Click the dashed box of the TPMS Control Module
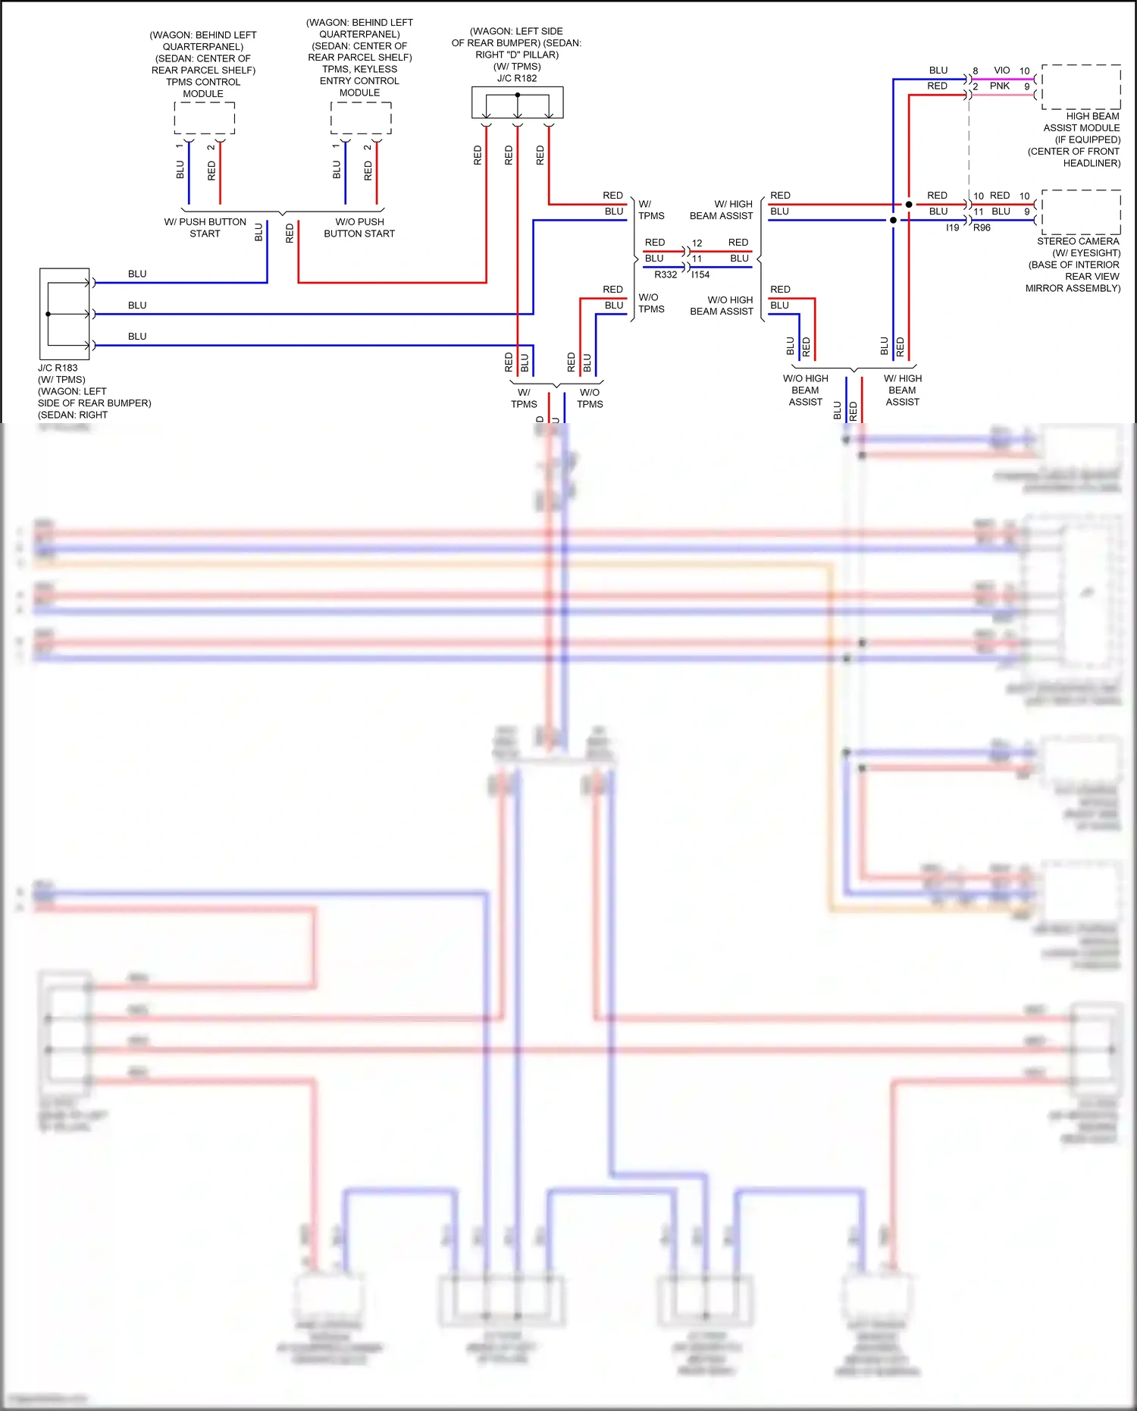pyautogui.click(x=204, y=118)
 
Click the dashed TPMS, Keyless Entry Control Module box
pyautogui.click(x=361, y=118)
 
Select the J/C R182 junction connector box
pyautogui.click(x=517, y=102)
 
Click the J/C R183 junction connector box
pyautogui.click(x=64, y=313)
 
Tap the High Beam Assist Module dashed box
pyautogui.click(x=1082, y=86)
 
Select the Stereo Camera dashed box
pyautogui.click(x=1082, y=212)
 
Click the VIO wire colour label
pyautogui.click(x=1001, y=71)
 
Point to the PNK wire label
pyautogui.click(x=999, y=86)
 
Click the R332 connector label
pyautogui.click(x=666, y=274)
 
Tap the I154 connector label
pyautogui.click(x=700, y=274)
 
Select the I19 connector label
pyautogui.click(x=952, y=227)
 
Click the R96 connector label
pyautogui.click(x=982, y=227)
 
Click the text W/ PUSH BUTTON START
pyautogui.click(x=205, y=227)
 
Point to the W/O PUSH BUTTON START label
pyautogui.click(x=359, y=227)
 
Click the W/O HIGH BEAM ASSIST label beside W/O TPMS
pyautogui.click(x=721, y=306)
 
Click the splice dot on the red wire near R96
pyautogui.click(x=909, y=205)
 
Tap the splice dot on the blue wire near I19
pyautogui.click(x=893, y=221)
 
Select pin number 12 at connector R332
pyautogui.click(x=697, y=243)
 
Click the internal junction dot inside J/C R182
pyautogui.click(x=517, y=95)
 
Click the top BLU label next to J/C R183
pyautogui.click(x=137, y=274)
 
